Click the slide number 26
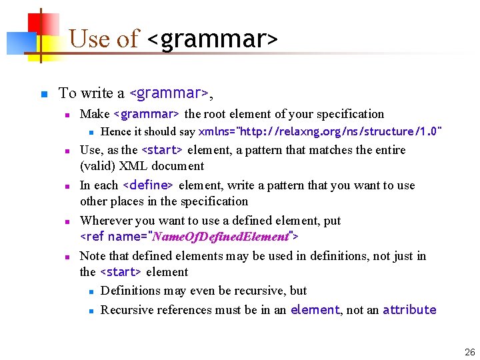469,352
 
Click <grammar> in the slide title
211,39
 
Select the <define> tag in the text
149,185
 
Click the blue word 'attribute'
409,310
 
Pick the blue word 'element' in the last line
315,310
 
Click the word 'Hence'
115,131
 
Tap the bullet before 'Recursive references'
91,310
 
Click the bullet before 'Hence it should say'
91,132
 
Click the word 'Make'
95,114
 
